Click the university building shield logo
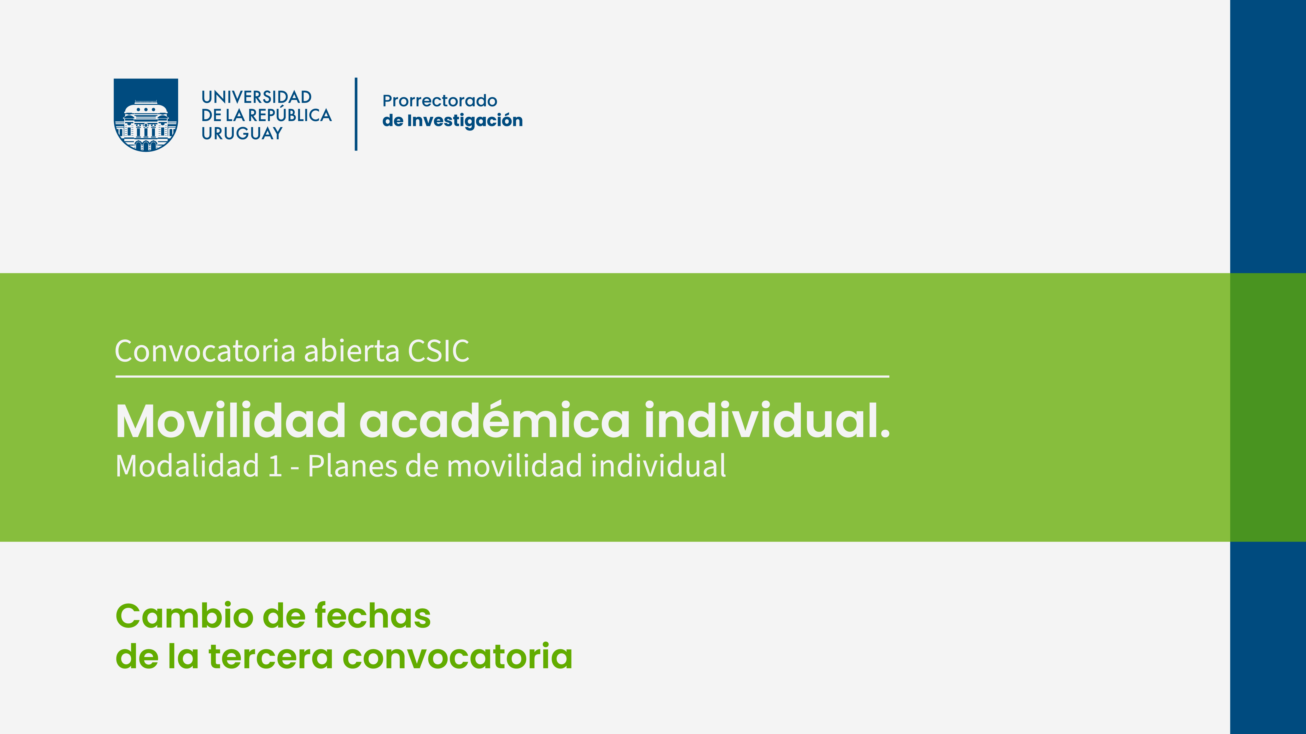click(x=145, y=115)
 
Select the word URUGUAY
click(x=242, y=133)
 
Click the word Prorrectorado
click(x=440, y=101)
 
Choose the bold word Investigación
click(x=465, y=121)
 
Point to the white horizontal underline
click(x=503, y=376)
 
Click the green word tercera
click(x=270, y=657)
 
